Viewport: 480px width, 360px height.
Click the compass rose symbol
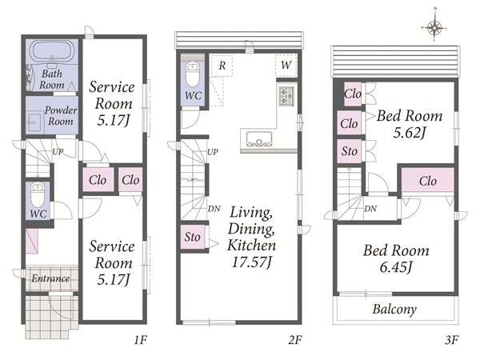click(x=434, y=28)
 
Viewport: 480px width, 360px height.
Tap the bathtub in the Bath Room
click(x=52, y=50)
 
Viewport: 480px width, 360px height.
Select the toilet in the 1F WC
click(x=38, y=195)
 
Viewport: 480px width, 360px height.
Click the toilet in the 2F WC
click(x=193, y=74)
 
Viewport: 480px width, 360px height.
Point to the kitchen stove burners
click(x=286, y=96)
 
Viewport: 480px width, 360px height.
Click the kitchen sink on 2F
click(x=259, y=139)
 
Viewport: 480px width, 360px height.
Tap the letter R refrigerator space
click(x=222, y=66)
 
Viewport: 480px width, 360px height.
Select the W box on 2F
click(x=286, y=66)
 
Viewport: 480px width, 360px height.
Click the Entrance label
click(x=50, y=278)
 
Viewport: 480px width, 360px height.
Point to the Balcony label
click(x=394, y=309)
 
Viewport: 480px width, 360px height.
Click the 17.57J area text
click(x=252, y=262)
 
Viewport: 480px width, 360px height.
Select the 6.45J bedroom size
click(x=396, y=267)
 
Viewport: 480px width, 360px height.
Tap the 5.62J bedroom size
click(x=410, y=133)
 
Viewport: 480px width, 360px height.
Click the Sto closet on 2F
click(x=193, y=237)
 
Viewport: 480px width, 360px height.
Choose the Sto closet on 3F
click(x=350, y=151)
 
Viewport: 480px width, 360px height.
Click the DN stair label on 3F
click(x=370, y=209)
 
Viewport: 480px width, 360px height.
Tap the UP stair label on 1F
click(x=58, y=151)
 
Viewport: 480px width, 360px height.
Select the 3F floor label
click(x=451, y=340)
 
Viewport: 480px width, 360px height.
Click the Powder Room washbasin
click(x=34, y=122)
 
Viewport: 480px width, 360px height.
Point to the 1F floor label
click(x=141, y=340)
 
